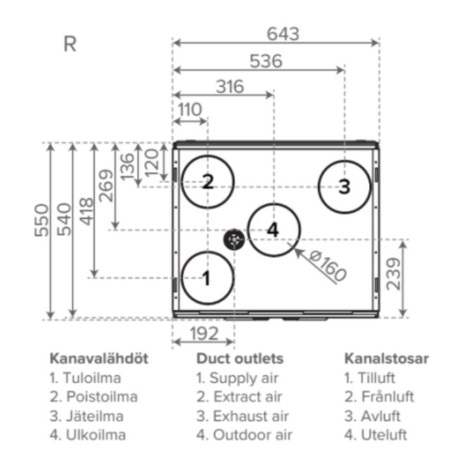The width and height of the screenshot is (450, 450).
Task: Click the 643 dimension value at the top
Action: click(x=283, y=33)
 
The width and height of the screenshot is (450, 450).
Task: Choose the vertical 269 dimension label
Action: click(x=105, y=185)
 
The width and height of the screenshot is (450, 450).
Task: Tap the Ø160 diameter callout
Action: click(x=328, y=266)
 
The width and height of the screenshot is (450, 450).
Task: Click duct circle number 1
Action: click(x=207, y=278)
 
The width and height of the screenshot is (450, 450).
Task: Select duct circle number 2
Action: click(x=207, y=181)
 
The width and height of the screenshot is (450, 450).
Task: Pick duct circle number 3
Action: click(x=344, y=186)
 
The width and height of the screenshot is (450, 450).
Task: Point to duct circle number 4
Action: click(x=273, y=229)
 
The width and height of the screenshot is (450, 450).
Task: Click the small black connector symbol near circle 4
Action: click(x=234, y=240)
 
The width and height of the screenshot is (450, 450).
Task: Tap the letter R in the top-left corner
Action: click(x=70, y=44)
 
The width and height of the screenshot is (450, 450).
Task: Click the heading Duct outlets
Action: click(x=240, y=359)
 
